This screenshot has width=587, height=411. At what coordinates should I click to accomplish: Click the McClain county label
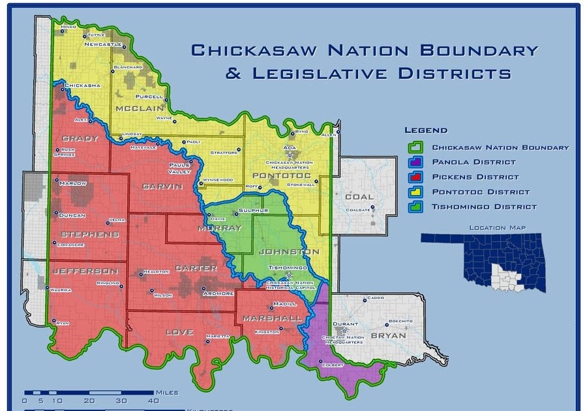click(139, 108)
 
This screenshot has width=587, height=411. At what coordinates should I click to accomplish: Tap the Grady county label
click(80, 138)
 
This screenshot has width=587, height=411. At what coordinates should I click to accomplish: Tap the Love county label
click(180, 332)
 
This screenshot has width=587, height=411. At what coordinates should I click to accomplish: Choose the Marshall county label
click(272, 318)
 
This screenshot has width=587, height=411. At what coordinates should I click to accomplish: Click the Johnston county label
click(290, 252)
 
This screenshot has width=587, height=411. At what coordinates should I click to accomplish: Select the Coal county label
click(359, 196)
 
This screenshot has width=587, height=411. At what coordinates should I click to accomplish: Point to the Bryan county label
click(388, 335)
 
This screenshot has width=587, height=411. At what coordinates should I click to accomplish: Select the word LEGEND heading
click(426, 130)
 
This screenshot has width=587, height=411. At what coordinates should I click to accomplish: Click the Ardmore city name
click(218, 294)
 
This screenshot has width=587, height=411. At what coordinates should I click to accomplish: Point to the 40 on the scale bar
click(153, 401)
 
